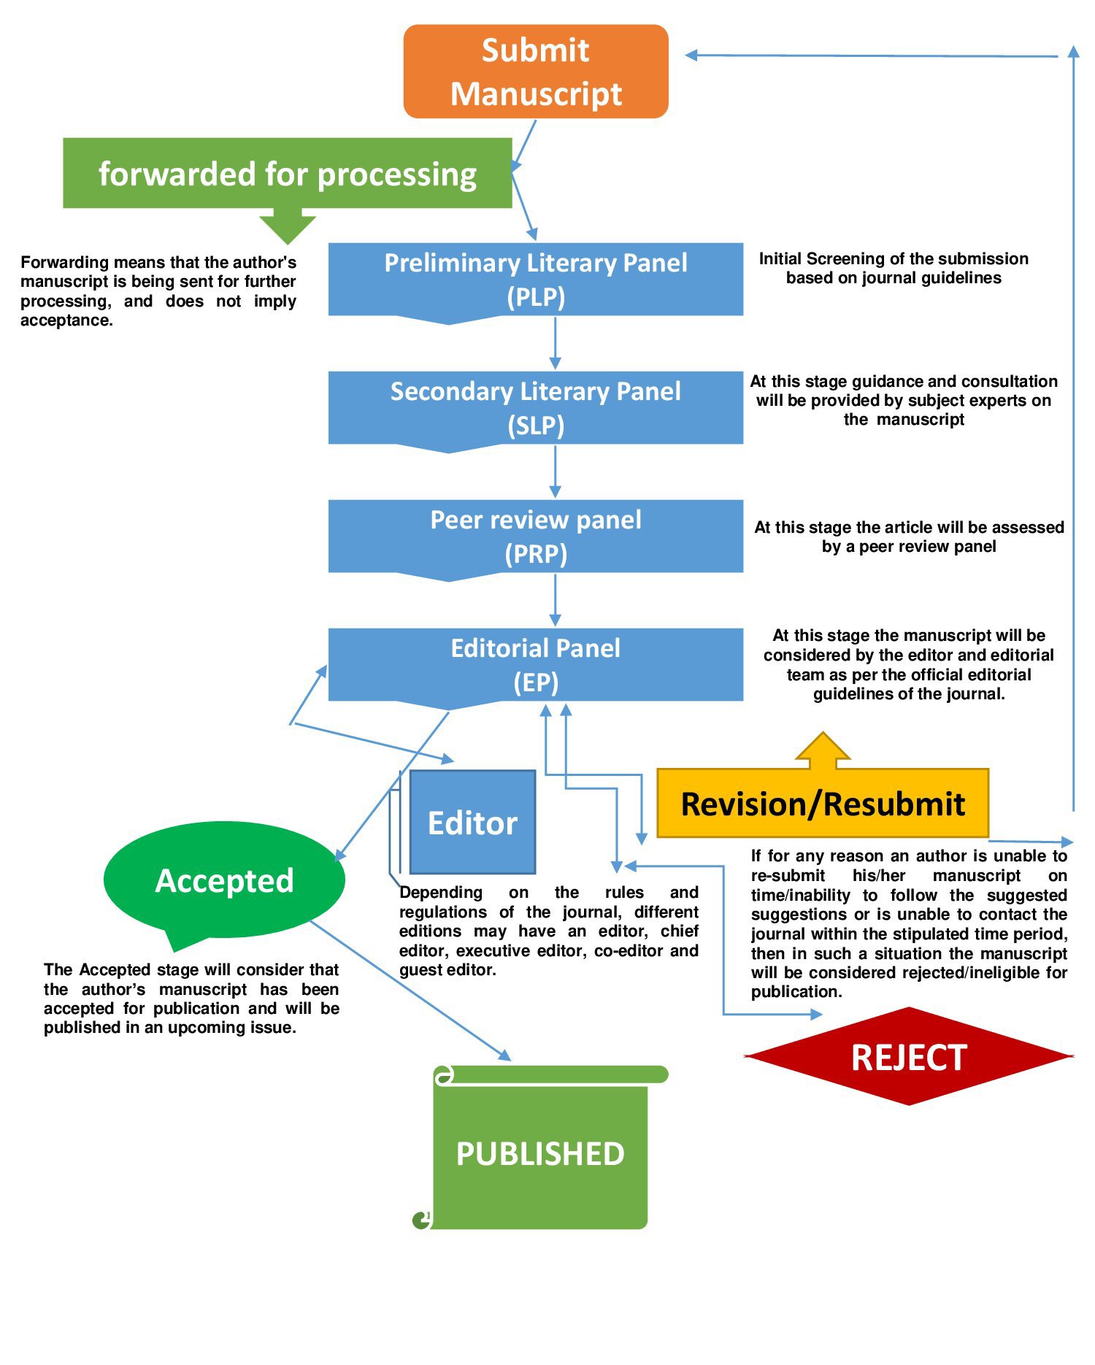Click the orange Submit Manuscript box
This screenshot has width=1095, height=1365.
536,72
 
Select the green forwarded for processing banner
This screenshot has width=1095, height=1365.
287,174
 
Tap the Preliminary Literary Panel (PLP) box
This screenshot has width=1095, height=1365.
536,280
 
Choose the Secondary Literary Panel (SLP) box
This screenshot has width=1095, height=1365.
536,408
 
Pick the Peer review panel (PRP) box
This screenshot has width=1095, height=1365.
536,537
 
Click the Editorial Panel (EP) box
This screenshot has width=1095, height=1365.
536,665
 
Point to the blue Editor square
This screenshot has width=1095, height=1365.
472,823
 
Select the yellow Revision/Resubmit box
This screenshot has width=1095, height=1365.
823,804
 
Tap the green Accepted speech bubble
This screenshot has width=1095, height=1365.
224,880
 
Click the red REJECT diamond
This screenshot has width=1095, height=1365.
909,1057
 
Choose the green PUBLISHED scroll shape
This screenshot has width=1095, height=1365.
540,1153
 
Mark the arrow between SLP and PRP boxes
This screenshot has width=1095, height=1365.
555,473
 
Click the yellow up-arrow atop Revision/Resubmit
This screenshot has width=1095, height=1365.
823,750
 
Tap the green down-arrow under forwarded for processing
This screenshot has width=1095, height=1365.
287,226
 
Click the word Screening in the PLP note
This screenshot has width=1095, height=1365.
864,259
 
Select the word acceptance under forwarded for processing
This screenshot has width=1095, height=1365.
66,320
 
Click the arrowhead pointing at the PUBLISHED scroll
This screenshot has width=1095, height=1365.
504,1056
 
